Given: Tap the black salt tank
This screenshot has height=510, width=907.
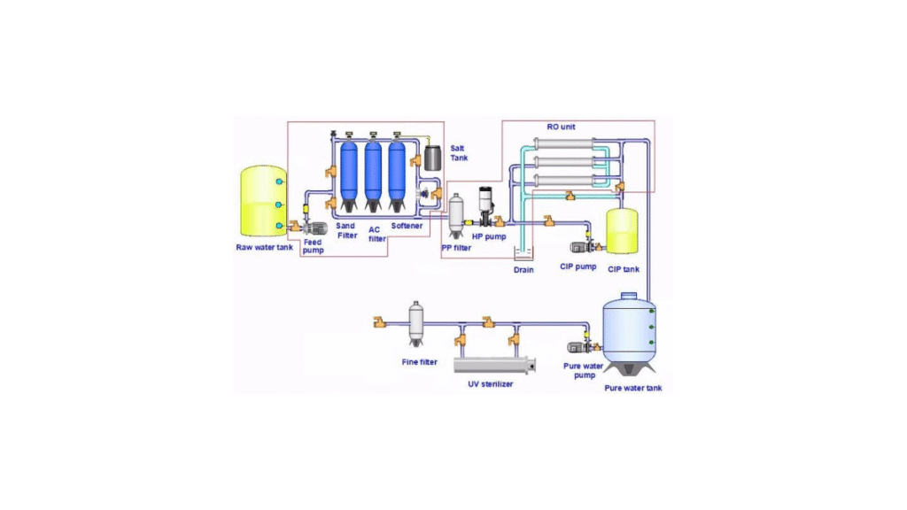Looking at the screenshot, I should (433, 157).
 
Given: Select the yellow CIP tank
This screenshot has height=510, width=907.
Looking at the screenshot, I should (623, 229).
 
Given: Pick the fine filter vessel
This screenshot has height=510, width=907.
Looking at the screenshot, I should (416, 323).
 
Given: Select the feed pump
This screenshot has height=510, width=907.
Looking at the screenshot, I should (315, 229).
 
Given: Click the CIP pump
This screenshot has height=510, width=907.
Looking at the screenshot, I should (581, 245).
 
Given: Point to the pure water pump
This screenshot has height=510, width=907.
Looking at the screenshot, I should (583, 346).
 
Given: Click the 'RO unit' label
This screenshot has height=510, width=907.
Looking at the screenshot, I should (562, 127).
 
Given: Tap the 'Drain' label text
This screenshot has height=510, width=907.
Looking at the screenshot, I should (524, 269).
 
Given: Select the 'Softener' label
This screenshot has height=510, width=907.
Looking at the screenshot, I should (407, 226).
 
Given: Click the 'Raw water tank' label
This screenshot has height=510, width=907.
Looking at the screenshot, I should (263, 247).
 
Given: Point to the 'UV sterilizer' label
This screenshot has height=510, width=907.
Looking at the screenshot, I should (491, 383).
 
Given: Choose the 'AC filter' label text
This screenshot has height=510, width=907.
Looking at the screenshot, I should (376, 234).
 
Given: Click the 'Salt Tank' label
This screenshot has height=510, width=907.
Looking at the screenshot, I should (458, 152).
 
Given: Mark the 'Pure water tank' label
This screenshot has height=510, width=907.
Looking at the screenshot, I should (632, 388).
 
